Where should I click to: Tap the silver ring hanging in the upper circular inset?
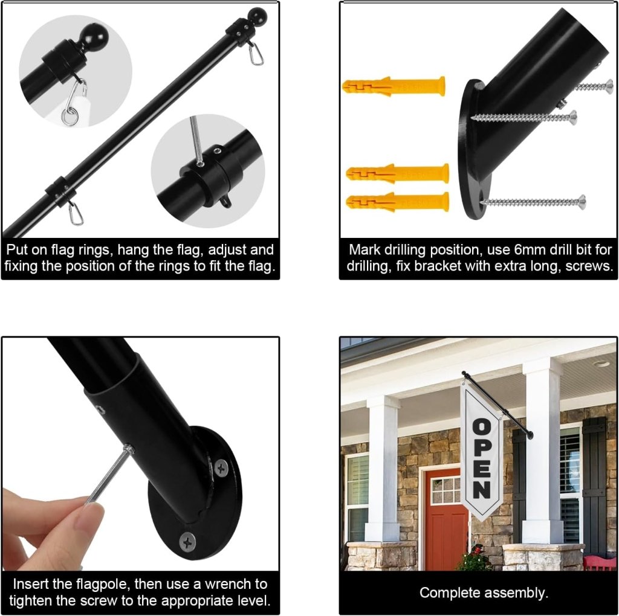tap(70, 117)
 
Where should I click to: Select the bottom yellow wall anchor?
tap(398, 202)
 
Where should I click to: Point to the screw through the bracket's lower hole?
tap(533, 202)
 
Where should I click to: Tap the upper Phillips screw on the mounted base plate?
tap(221, 469)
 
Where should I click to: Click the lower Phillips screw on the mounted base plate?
tap(187, 542)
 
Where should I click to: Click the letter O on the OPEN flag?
tap(482, 427)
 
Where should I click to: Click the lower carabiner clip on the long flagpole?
tap(76, 213)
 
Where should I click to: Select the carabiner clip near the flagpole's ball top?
tap(256, 53)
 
